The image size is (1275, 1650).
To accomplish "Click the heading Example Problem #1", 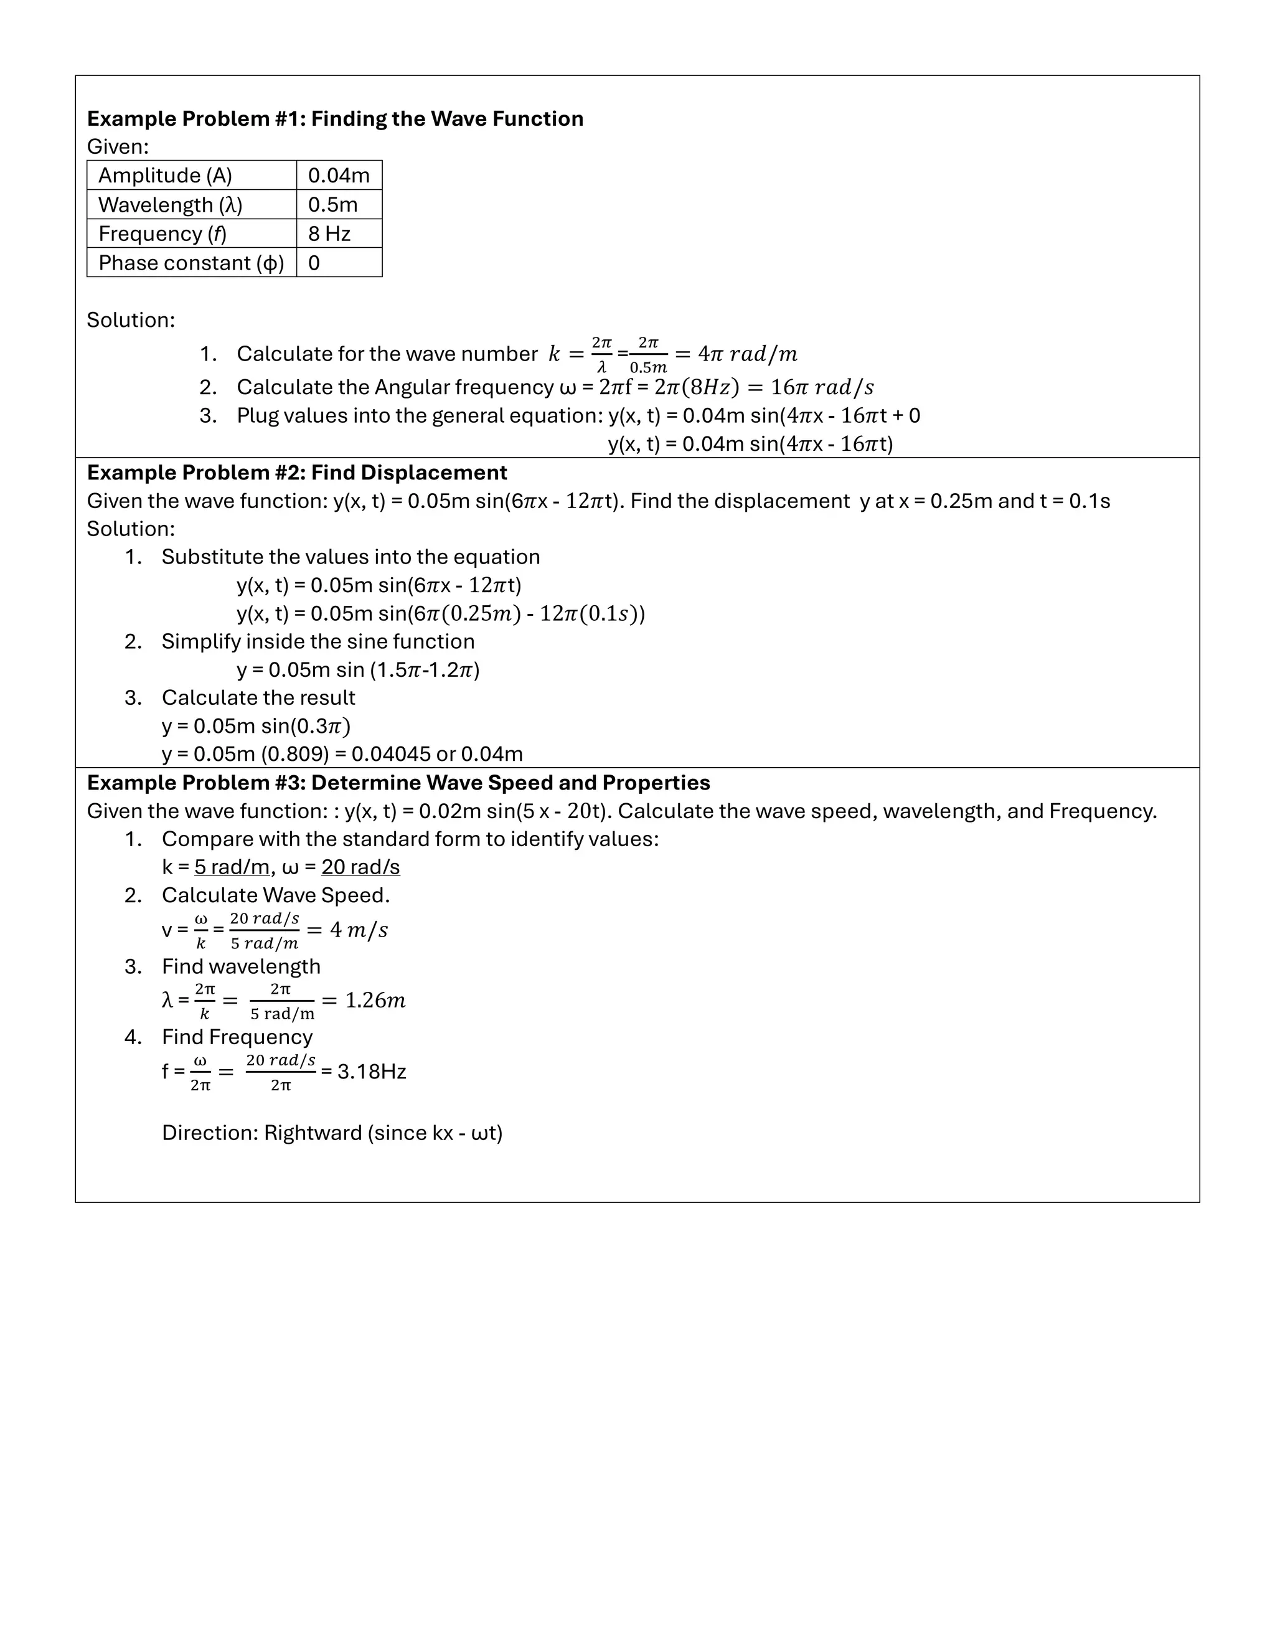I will pyautogui.click(x=334, y=118).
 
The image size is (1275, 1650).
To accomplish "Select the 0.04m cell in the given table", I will pyautogui.click(x=339, y=176).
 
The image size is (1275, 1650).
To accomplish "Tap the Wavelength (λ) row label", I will pyautogui.click(x=170, y=205).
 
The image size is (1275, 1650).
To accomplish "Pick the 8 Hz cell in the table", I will pyautogui.click(x=329, y=233).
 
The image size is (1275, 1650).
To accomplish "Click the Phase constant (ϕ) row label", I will pyautogui.click(x=191, y=263).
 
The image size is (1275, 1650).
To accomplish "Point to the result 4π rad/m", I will pyautogui.click(x=747, y=354).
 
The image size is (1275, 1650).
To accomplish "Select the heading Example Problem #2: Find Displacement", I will pyautogui.click(x=297, y=473).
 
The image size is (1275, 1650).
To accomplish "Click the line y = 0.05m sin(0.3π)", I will pyautogui.click(x=256, y=726).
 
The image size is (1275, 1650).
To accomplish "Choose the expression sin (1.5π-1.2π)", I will pyautogui.click(x=407, y=670).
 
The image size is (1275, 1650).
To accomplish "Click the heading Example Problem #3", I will pyautogui.click(x=398, y=783).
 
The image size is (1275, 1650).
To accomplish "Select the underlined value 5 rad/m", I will pyautogui.click(x=232, y=867).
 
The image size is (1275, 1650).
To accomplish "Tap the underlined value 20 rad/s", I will pyautogui.click(x=360, y=867).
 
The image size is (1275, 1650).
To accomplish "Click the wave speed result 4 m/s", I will pyautogui.click(x=359, y=930).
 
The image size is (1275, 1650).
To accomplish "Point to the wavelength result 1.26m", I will pyautogui.click(x=375, y=1001).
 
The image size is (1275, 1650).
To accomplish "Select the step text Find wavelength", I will pyautogui.click(x=241, y=967).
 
